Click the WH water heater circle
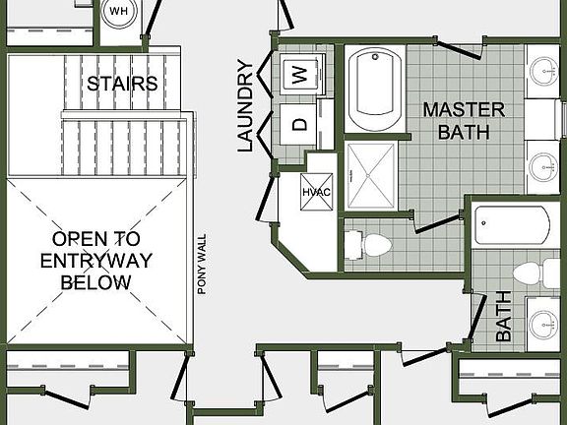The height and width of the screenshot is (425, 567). (x=119, y=12)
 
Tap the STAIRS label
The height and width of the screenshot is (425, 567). (x=122, y=84)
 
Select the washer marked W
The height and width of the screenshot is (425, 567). (x=302, y=72)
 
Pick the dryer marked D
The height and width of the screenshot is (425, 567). (x=301, y=125)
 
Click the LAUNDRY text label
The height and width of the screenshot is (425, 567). (x=246, y=106)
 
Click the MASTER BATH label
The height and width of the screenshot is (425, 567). (x=464, y=119)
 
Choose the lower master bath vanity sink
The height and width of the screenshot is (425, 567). (x=543, y=164)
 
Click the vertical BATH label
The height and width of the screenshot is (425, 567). (x=504, y=316)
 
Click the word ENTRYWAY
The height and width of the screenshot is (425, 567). (x=95, y=261)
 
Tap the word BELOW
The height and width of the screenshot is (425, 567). (x=95, y=282)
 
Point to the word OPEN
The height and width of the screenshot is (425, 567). (x=95, y=239)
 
